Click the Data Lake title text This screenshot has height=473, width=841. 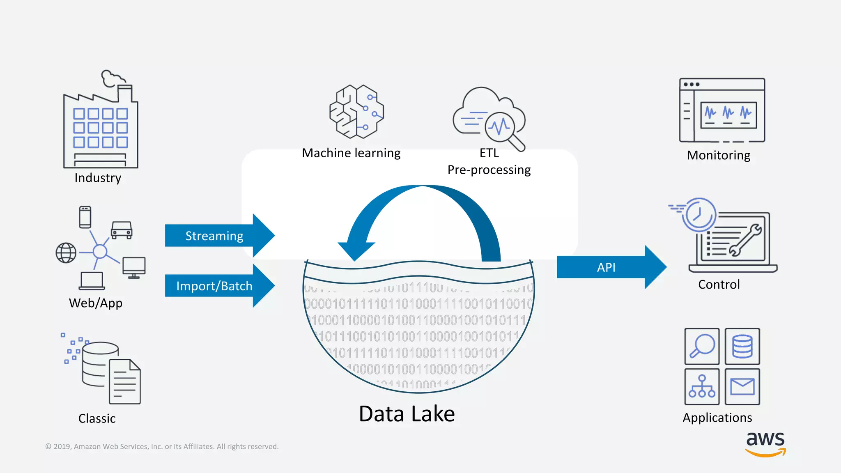pos(407,414)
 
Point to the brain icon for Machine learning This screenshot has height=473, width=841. pos(356,112)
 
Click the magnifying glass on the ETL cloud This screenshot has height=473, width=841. pos(502,128)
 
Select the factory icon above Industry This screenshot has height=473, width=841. pos(101,123)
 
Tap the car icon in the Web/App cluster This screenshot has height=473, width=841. pos(122,230)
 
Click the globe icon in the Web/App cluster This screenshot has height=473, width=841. pos(66,253)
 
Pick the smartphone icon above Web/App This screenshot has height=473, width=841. pos(85,217)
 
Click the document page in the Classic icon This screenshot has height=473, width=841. pos(125,382)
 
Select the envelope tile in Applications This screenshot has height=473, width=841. pos(742,387)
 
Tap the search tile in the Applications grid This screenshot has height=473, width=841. pos(702,346)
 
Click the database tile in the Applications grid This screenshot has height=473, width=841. pos(742,346)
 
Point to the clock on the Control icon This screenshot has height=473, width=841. pos(699,214)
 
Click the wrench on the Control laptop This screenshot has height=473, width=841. pos(745,240)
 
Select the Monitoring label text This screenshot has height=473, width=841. pos(719,155)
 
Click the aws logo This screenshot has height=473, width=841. pos(765,443)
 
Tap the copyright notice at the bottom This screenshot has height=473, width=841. pos(162,446)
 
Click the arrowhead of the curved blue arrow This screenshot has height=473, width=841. pos(356,250)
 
